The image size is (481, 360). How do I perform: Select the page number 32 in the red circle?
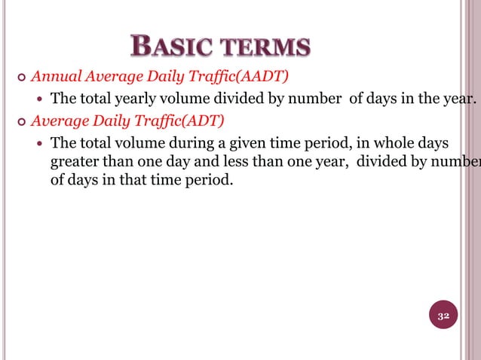click(444, 316)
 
